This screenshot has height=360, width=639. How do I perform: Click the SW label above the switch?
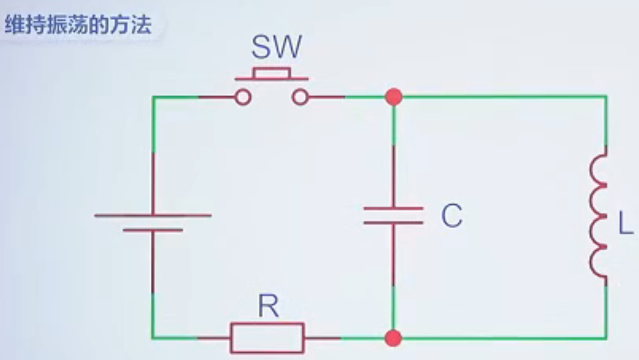click(276, 48)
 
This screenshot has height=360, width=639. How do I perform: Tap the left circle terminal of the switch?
click(242, 97)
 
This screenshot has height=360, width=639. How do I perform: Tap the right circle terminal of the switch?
click(300, 97)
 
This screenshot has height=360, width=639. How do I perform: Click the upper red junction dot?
click(394, 97)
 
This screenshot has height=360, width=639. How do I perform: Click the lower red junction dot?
click(393, 338)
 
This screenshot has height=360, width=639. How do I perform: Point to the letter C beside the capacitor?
click(452, 216)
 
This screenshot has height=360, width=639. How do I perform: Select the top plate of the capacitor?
click(393, 209)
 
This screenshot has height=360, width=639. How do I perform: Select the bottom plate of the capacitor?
click(393, 223)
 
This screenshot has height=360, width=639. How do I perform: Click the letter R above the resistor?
click(268, 307)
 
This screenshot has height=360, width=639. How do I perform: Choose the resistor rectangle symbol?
click(268, 338)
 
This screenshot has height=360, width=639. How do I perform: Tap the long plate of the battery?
click(153, 215)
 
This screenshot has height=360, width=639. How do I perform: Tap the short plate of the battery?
click(153, 229)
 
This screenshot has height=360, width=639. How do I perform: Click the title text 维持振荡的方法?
click(78, 26)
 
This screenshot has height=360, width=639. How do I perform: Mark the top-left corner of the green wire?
click(153, 97)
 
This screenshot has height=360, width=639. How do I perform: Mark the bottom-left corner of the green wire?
click(153, 337)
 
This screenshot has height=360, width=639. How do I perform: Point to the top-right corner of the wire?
click(606, 97)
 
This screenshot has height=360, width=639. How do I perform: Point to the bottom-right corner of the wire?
click(606, 338)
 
